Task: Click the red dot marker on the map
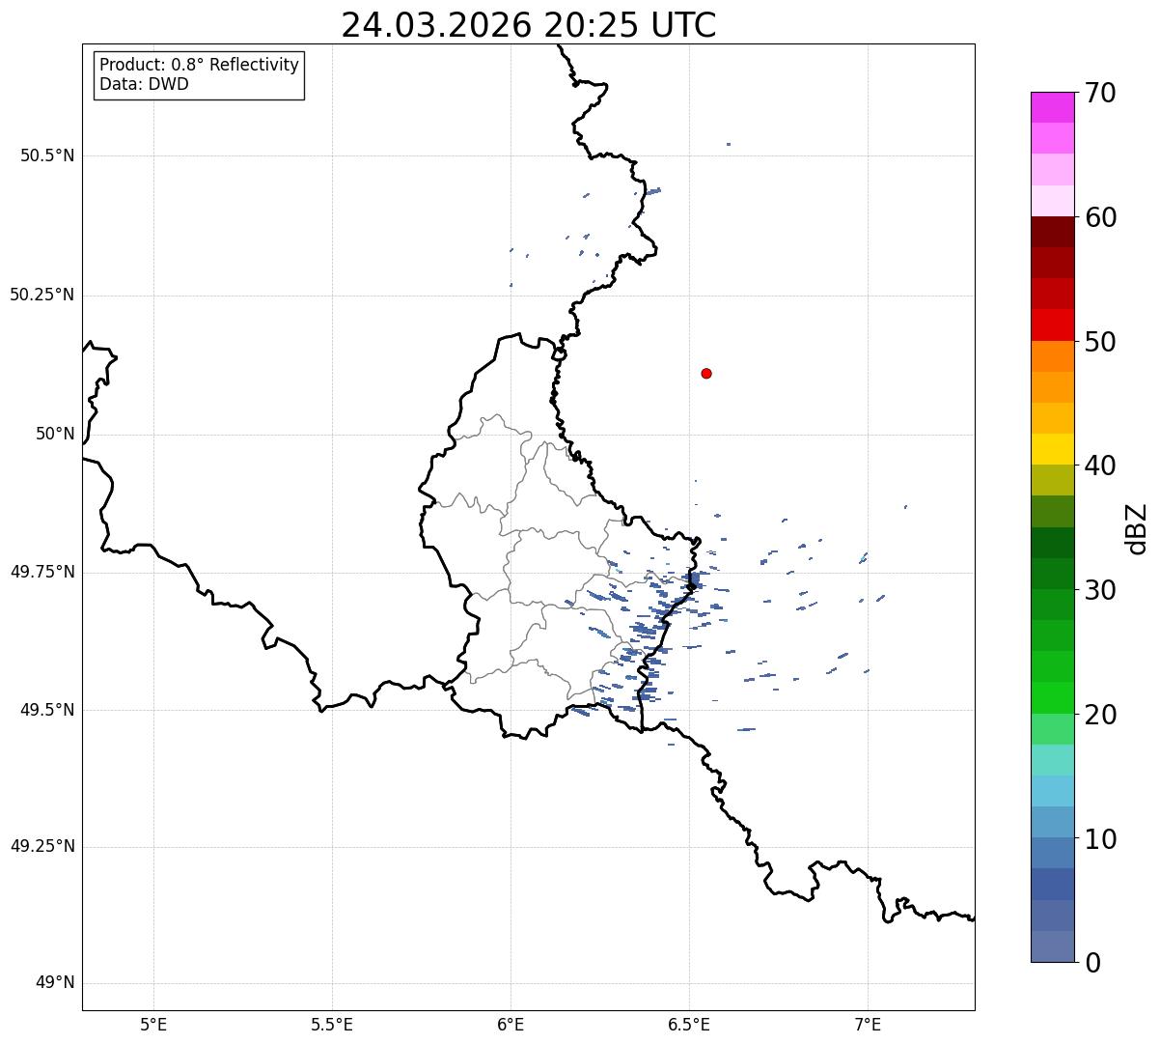click(706, 373)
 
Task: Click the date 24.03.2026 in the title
click(436, 26)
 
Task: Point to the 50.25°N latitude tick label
click(42, 295)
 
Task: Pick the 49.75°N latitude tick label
click(42, 572)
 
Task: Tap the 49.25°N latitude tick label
click(42, 847)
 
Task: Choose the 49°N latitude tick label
click(55, 983)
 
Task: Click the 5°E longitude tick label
click(154, 1024)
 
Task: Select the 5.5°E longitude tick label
click(332, 1024)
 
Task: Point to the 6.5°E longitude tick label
click(689, 1024)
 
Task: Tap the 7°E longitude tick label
click(868, 1024)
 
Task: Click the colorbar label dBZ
click(1137, 528)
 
